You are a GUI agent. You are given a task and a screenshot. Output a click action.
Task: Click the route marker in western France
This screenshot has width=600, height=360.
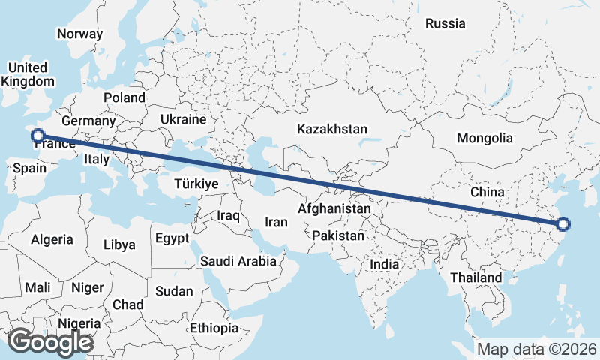point(38,136)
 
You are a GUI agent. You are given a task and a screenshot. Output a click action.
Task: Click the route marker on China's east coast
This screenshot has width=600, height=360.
point(563,223)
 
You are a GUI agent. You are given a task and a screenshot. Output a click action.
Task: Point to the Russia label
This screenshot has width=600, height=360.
point(445,23)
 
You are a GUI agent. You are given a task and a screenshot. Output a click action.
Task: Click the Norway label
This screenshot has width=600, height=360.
point(79,34)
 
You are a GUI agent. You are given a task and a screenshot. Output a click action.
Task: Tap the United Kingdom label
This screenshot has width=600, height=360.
point(28,74)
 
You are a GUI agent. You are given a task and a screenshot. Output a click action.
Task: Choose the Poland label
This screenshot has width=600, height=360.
point(124,97)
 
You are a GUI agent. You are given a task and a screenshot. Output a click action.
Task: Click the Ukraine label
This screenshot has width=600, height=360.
point(182,119)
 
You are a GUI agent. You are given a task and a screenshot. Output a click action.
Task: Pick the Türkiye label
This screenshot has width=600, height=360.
point(196,184)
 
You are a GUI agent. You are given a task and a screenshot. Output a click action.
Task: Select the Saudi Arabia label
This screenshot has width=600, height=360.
point(238,262)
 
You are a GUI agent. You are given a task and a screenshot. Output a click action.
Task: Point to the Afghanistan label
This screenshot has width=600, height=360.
point(334,208)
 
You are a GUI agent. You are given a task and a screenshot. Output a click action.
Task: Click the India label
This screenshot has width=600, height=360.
point(385,264)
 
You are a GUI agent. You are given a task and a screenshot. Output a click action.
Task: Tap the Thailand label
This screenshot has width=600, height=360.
point(475,277)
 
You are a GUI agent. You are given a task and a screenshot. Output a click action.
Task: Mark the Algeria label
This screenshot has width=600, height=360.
point(52,239)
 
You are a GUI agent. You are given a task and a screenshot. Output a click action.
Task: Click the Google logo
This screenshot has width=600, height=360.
point(50,342)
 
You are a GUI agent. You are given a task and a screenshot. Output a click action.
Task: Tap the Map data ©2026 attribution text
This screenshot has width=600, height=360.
point(537,349)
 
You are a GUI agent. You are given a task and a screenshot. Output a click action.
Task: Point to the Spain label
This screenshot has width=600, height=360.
point(30,169)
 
